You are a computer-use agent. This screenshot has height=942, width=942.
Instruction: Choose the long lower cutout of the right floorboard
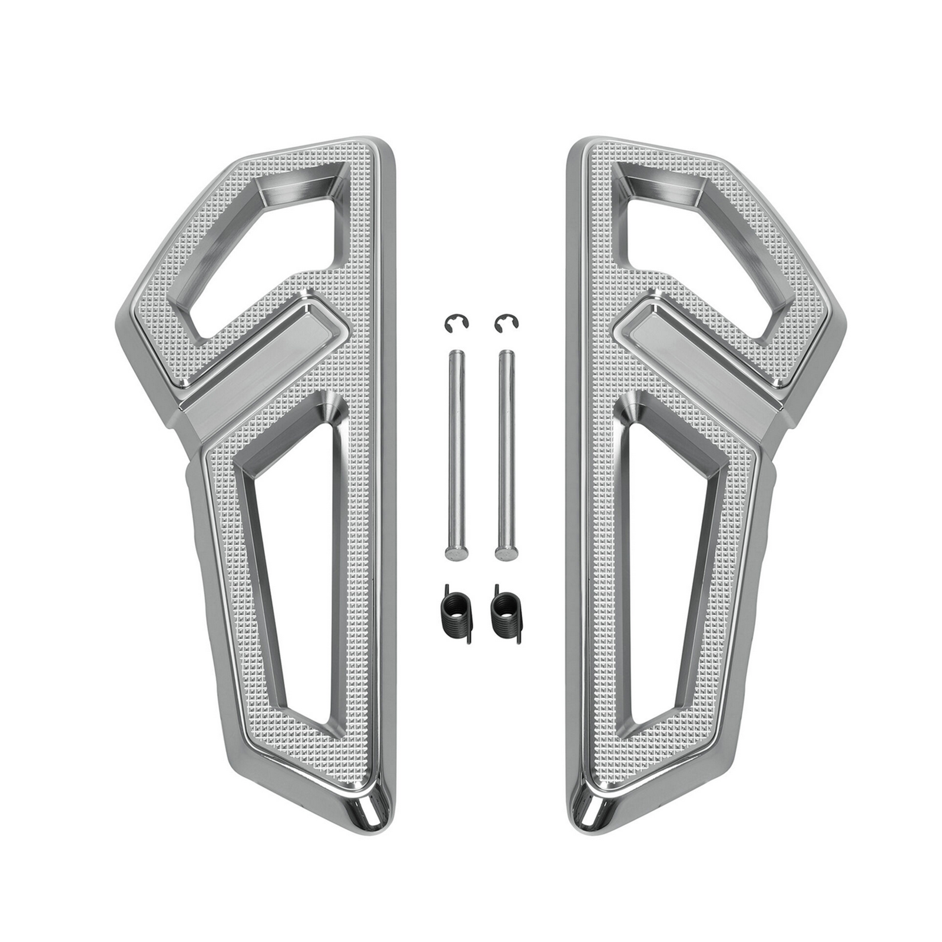[x=671, y=530]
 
